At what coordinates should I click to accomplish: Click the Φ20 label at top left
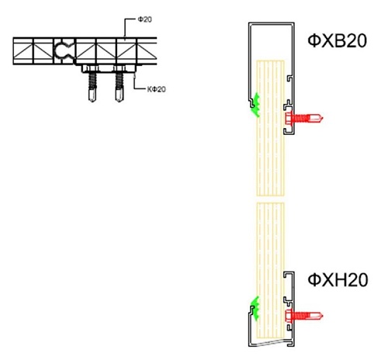pyautogui.click(x=145, y=19)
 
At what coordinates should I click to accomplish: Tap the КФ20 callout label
pyautogui.click(x=156, y=89)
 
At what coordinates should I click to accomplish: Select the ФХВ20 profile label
pyautogui.click(x=338, y=41)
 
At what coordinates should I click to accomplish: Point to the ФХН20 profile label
pyautogui.click(x=338, y=280)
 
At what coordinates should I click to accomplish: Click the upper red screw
pyautogui.click(x=303, y=119)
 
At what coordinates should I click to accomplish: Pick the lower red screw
pyautogui.click(x=303, y=316)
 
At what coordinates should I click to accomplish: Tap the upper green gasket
pyautogui.click(x=256, y=105)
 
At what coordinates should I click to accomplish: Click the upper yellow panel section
pyautogui.click(x=270, y=128)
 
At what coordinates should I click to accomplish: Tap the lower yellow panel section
pyautogui.click(x=270, y=270)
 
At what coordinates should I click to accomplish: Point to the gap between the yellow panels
pyautogui.click(x=270, y=199)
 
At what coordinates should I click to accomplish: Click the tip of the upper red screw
pyautogui.click(x=323, y=119)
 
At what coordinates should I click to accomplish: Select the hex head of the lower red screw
pyautogui.click(x=289, y=316)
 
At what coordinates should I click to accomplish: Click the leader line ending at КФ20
pyautogui.click(x=135, y=83)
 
